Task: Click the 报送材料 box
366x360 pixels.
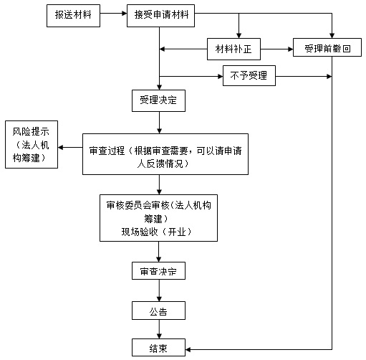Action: pos(73,16)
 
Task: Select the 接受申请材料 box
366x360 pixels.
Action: pos(160,16)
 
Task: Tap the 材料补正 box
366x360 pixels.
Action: pos(233,49)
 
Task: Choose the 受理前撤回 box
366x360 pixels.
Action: pos(327,47)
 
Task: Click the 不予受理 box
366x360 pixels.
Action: pos(249,75)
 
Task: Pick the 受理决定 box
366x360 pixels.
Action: pos(158,100)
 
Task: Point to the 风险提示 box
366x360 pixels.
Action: pos(32,144)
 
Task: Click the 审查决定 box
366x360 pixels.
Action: pos(158,271)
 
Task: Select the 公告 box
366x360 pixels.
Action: pos(158,311)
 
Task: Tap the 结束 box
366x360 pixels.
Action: pos(158,347)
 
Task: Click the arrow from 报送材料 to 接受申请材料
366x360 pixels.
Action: pos(113,14)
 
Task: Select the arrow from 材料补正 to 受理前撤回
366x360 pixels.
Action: pos(276,49)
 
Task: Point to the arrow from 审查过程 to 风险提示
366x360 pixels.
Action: pos(70,147)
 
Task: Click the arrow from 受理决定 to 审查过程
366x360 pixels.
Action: pos(160,123)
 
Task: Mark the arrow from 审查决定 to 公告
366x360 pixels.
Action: pos(159,290)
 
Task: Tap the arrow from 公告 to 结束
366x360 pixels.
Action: pos(159,329)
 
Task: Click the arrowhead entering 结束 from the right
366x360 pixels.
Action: pos(188,350)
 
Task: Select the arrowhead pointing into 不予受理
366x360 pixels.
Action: pos(220,77)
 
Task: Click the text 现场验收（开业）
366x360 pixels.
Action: pos(157,232)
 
